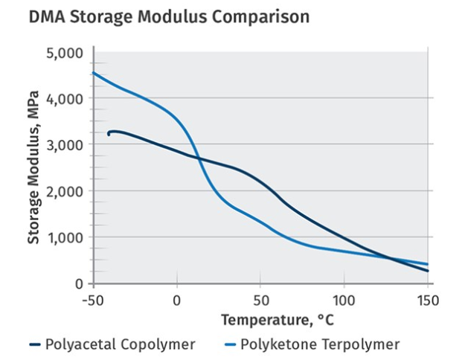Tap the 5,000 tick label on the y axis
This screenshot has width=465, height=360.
coord(64,53)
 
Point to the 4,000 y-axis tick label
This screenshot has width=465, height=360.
coord(64,98)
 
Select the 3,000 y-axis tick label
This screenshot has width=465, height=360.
coord(64,144)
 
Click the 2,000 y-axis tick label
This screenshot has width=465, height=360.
coord(64,191)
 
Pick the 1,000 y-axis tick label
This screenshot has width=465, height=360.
coord(64,237)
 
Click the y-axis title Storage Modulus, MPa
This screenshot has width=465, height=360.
coord(34,167)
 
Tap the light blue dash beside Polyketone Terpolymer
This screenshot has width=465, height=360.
coord(230,345)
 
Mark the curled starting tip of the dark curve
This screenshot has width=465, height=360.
coord(109,134)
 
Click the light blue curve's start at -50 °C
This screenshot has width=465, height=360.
coord(94,73)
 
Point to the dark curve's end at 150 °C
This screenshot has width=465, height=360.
coord(428,271)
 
